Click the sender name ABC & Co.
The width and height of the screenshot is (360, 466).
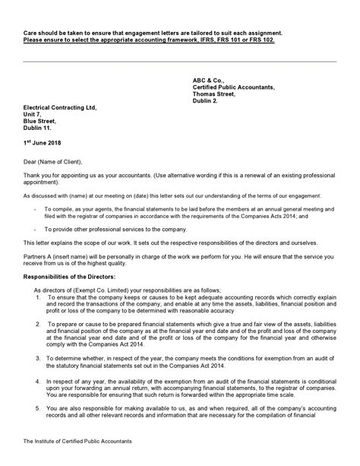(x=210, y=80)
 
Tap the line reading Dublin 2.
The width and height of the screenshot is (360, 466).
(x=205, y=100)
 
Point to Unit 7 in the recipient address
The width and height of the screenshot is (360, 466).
(x=33, y=114)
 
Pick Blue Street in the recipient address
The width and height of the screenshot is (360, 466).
(x=40, y=121)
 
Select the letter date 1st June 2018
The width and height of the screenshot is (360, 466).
(x=44, y=142)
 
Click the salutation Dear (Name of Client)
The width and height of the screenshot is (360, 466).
(x=56, y=161)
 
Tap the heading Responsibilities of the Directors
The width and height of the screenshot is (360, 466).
(x=73, y=278)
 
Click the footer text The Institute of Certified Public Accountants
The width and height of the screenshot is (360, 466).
(x=77, y=441)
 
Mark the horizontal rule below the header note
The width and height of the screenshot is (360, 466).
(x=180, y=62)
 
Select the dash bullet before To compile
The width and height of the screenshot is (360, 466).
(x=36, y=206)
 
